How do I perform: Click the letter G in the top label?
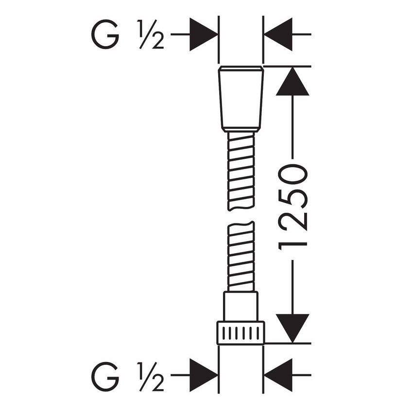pyautogui.click(x=105, y=34)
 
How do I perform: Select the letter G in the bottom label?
pyautogui.click(x=105, y=377)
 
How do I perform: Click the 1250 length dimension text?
pyautogui.click(x=293, y=207)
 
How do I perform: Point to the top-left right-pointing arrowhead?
pyautogui.click(x=203, y=34)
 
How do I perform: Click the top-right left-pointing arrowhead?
pyautogui.click(x=278, y=34)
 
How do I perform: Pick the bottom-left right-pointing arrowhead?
pyautogui.click(x=203, y=375)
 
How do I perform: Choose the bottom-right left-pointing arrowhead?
pyautogui.click(x=278, y=375)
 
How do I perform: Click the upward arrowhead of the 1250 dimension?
pyautogui.click(x=293, y=81)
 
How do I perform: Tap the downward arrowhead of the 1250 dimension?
pyautogui.click(x=293, y=328)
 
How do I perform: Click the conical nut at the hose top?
pyautogui.click(x=241, y=99)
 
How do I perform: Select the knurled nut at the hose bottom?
pyautogui.click(x=241, y=332)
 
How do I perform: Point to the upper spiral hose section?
pyautogui.click(x=241, y=171)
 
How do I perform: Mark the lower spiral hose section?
pyautogui.click(x=241, y=257)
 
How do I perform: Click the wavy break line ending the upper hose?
pyautogui.click(x=241, y=208)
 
